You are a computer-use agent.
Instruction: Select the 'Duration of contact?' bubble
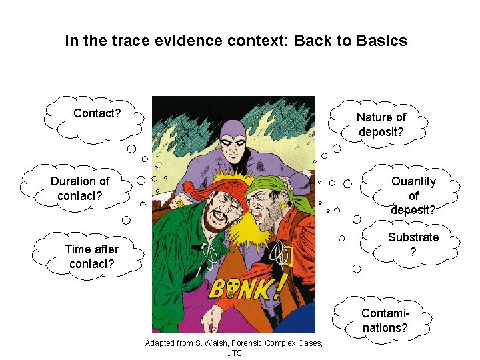[80, 189]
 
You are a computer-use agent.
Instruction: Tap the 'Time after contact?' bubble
[92, 257]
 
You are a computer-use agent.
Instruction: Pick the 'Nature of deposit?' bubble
[381, 125]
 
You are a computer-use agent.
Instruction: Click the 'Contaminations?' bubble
[385, 321]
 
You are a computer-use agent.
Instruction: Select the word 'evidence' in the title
[167, 41]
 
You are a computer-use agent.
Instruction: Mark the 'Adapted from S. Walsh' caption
[233, 343]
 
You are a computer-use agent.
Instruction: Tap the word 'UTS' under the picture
[233, 353]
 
